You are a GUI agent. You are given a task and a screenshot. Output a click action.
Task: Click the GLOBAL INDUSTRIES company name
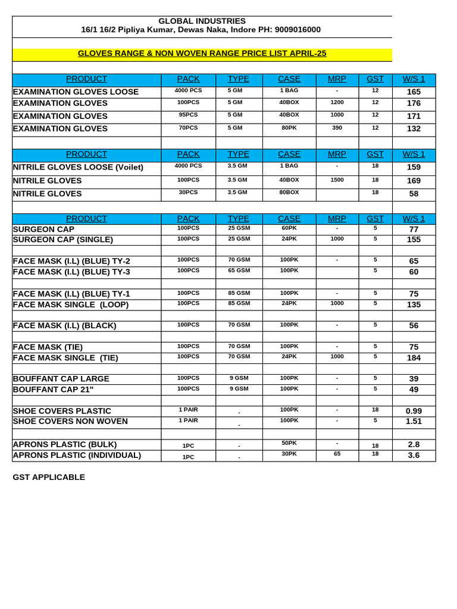(x=202, y=21)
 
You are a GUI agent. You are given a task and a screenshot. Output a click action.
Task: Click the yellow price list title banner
(x=202, y=54)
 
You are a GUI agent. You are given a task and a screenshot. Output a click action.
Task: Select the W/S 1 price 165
(x=414, y=92)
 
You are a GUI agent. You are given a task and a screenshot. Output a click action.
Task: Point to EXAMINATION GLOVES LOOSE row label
(x=76, y=92)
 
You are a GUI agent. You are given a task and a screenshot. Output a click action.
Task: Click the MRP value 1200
(x=337, y=102)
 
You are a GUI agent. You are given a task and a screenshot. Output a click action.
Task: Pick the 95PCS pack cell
(x=188, y=115)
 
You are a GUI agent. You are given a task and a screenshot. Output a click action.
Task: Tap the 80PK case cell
(x=289, y=127)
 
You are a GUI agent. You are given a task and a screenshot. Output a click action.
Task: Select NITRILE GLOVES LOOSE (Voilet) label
(x=78, y=167)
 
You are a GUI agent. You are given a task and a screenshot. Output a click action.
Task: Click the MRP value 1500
(x=337, y=180)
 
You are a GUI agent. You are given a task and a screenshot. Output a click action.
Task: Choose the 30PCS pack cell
(x=188, y=192)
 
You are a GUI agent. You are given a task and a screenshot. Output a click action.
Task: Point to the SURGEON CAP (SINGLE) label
(x=63, y=240)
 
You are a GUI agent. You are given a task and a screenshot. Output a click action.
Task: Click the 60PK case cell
(x=289, y=228)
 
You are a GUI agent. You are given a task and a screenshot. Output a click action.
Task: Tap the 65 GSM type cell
(x=239, y=271)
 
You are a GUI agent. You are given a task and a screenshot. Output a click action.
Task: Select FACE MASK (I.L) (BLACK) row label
(x=64, y=326)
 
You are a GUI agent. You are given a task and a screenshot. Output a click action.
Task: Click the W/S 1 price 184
(x=414, y=357)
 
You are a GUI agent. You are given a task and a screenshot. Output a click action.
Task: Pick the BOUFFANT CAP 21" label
(x=53, y=390)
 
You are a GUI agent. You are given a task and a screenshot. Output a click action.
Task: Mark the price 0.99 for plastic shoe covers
(x=414, y=411)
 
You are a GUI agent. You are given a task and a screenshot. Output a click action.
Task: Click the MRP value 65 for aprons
(x=337, y=454)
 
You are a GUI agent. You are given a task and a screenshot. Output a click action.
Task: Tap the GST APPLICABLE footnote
(x=49, y=477)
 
